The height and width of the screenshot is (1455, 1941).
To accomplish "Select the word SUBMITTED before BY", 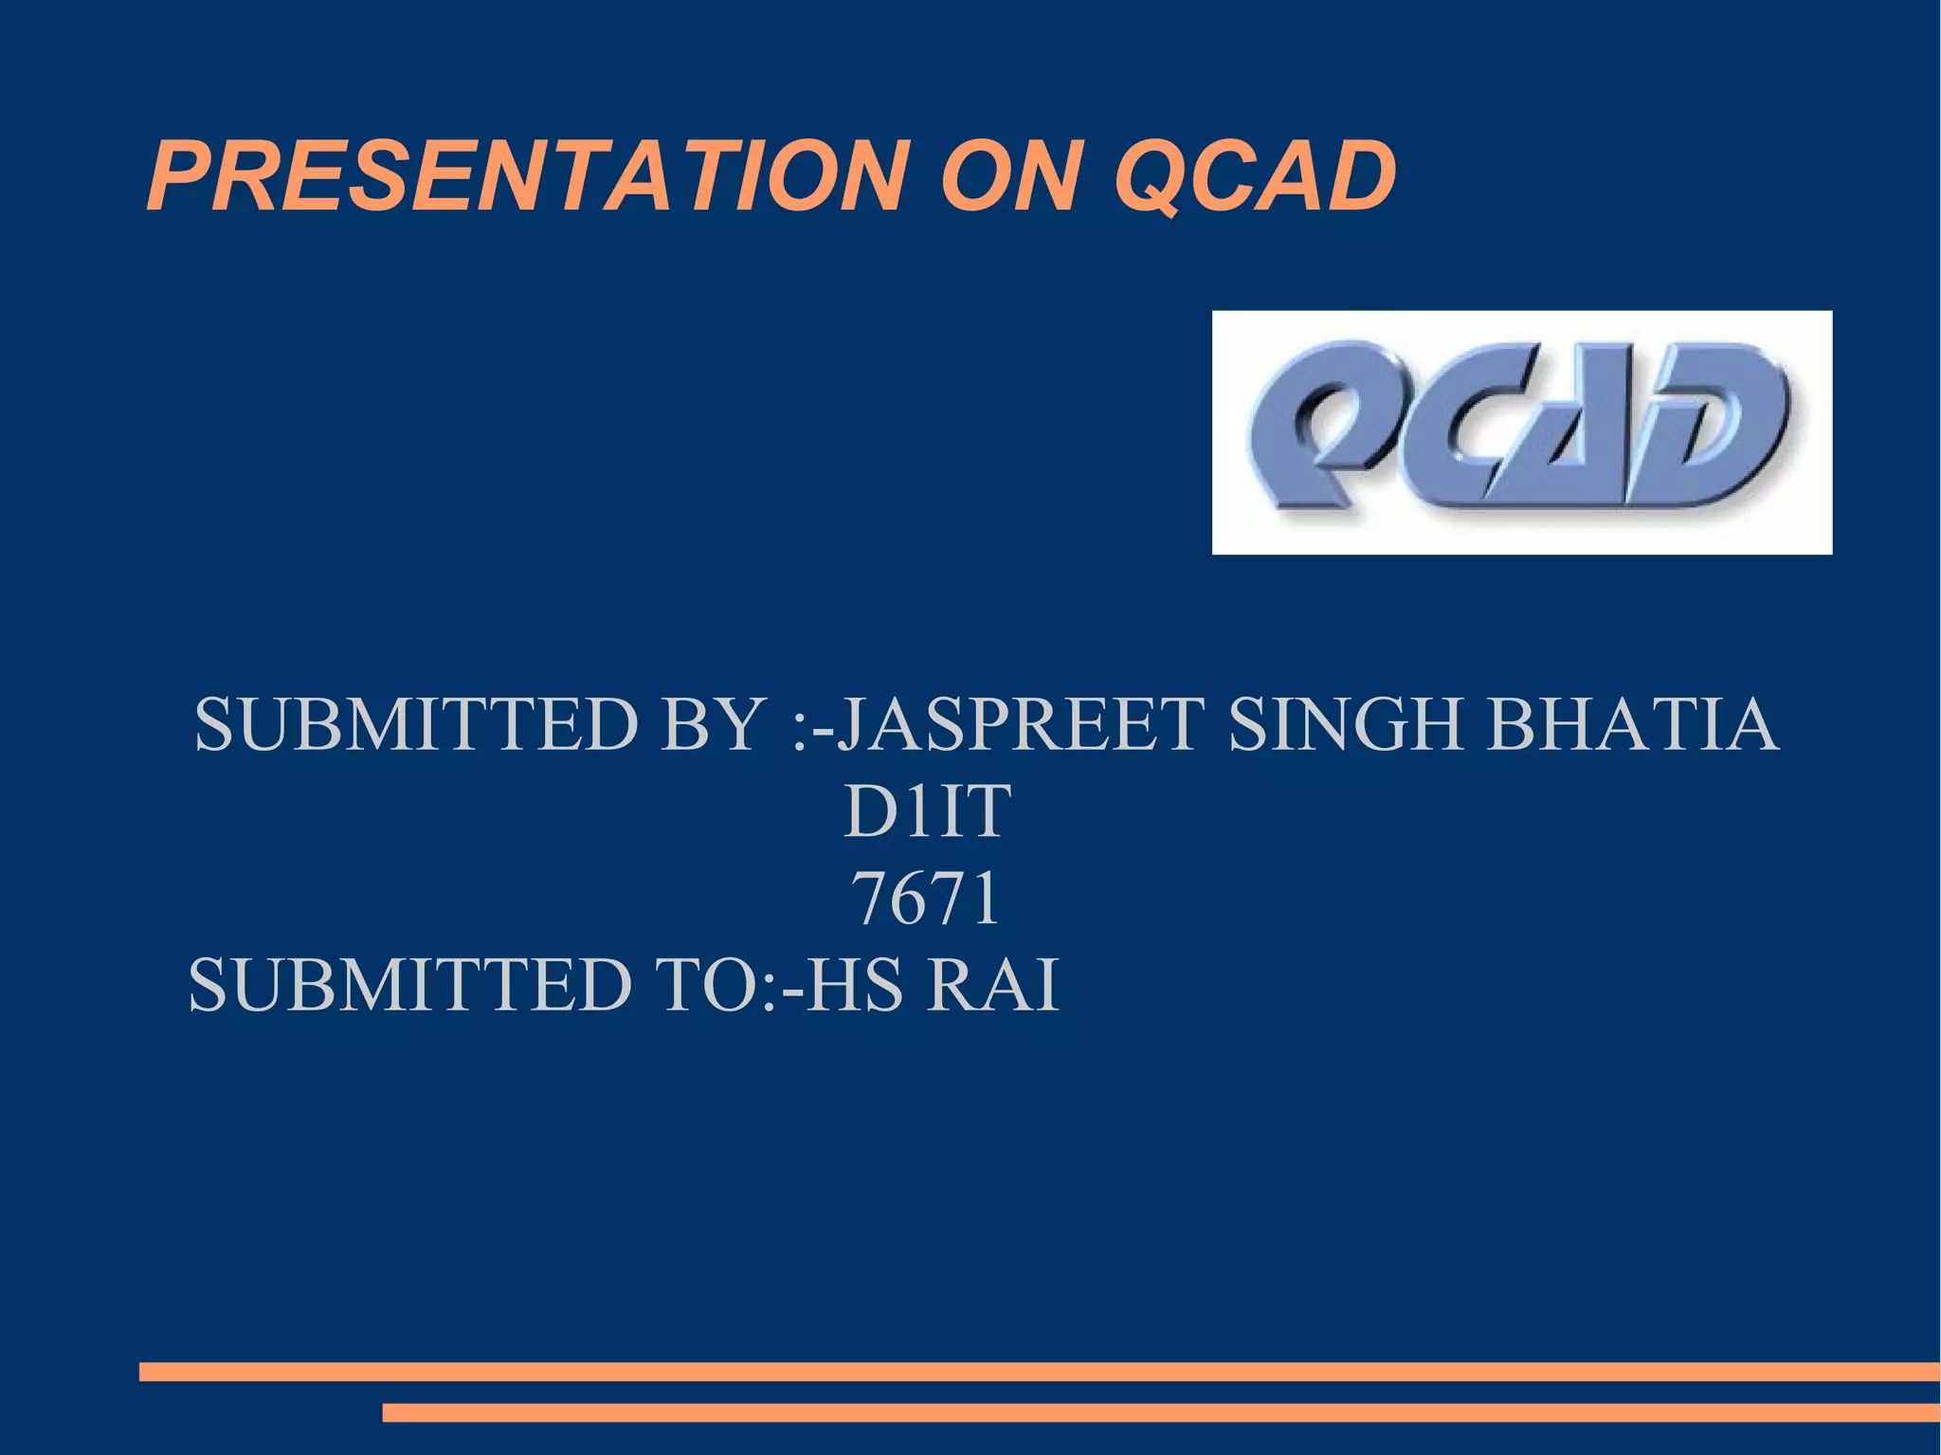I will pos(417,724).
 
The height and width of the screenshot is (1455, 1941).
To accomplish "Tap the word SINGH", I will pos(1346,724).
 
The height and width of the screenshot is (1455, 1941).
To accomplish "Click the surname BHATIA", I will pos(1632,724).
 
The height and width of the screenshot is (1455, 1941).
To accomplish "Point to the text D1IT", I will pos(927,811).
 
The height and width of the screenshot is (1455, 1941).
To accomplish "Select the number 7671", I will pos(927,898).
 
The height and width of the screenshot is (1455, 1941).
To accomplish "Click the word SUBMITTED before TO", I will pos(410,986).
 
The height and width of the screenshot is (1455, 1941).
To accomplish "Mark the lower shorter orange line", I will pos(1161,1412).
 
